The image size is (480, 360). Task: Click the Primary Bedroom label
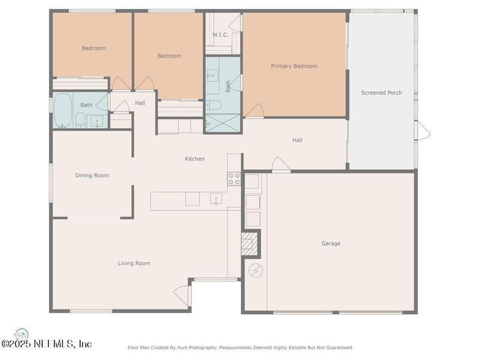click(294, 66)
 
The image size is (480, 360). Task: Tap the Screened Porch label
click(382, 93)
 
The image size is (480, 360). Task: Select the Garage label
click(331, 244)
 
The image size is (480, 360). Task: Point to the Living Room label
click(134, 263)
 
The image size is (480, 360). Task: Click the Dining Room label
click(92, 175)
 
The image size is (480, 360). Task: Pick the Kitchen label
click(194, 159)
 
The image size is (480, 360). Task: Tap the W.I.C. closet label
click(220, 35)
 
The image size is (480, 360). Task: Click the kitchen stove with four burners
click(234, 179)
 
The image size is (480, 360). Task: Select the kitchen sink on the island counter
click(216, 199)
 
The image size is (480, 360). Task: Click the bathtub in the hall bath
click(63, 110)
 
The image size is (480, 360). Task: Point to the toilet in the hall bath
click(80, 120)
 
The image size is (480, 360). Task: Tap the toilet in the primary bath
click(214, 105)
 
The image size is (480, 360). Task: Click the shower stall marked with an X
click(223, 123)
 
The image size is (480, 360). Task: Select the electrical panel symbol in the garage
click(256, 271)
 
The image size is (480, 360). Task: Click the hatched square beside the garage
click(249, 244)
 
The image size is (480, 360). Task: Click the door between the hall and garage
click(281, 164)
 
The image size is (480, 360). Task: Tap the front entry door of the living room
click(183, 295)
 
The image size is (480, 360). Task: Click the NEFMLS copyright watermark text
click(46, 344)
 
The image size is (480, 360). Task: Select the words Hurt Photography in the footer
click(196, 348)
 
